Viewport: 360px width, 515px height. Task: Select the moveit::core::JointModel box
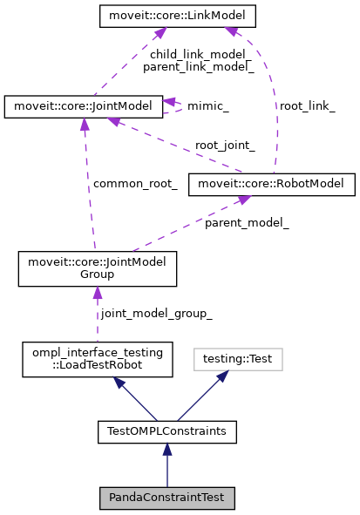click(x=84, y=106)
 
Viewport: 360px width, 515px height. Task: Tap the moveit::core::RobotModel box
click(x=271, y=183)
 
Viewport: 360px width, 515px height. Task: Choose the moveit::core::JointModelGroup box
click(x=98, y=268)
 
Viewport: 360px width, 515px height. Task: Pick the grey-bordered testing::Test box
click(x=238, y=357)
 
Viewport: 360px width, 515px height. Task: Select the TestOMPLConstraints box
click(x=167, y=430)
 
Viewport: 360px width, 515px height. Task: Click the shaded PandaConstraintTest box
click(x=167, y=498)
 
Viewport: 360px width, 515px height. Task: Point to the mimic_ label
click(x=208, y=106)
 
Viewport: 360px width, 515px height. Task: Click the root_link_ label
click(x=306, y=105)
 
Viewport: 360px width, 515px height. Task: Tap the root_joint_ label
click(x=225, y=146)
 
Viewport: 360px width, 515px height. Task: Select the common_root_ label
click(x=135, y=184)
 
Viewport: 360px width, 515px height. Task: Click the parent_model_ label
click(x=247, y=223)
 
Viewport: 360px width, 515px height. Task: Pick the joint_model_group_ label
click(x=156, y=312)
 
